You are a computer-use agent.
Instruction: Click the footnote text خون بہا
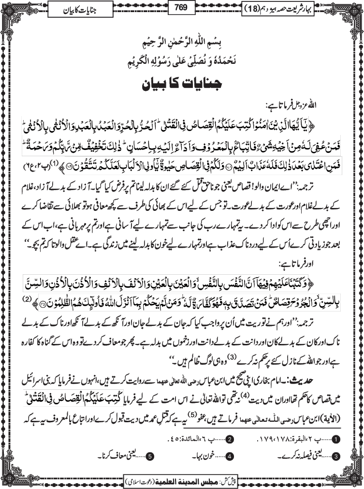(x=205, y=456)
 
